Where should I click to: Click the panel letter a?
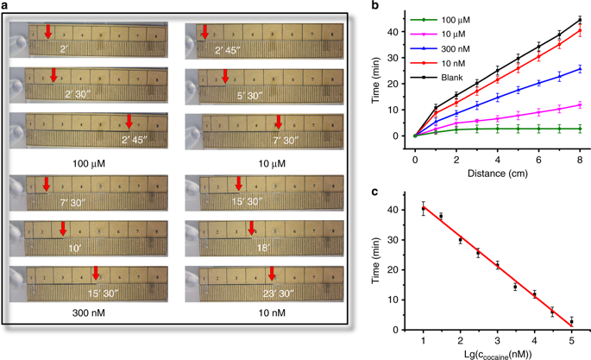click(x=5, y=7)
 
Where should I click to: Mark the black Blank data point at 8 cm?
click(x=580, y=20)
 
